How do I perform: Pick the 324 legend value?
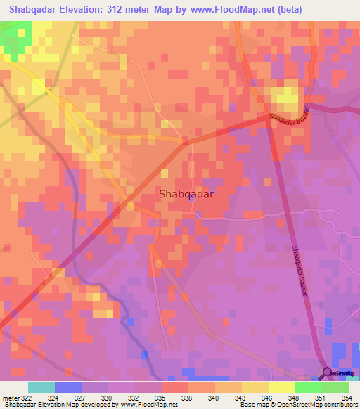point(53,397)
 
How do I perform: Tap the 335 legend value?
point(160,397)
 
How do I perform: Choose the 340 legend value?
point(214,397)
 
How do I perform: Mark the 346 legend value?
point(267,397)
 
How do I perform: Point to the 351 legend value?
point(321,397)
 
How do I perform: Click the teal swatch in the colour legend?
point(41,387)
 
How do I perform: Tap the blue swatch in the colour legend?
point(68,387)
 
